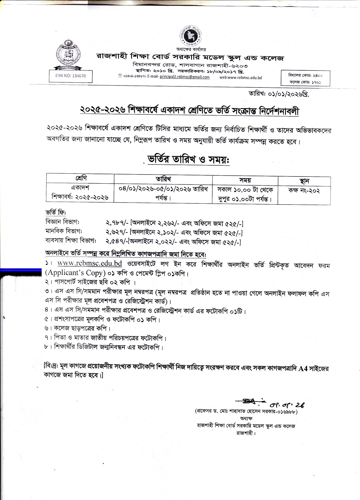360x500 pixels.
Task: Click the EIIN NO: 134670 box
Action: point(71,76)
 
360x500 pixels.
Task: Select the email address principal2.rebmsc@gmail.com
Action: point(185,77)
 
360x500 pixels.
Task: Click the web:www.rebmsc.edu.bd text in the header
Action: point(240,77)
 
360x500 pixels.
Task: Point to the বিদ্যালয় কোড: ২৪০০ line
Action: point(306,76)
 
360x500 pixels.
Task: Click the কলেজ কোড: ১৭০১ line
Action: point(306,82)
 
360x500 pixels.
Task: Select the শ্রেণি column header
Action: point(80,178)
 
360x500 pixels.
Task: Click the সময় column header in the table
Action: point(245,180)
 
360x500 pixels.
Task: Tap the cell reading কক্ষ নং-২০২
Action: point(304,191)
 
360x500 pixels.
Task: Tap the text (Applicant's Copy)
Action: point(74,273)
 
